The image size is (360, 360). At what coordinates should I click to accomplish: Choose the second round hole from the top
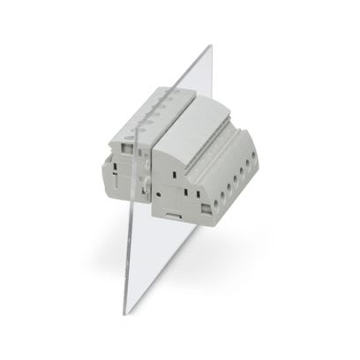[x=248, y=162]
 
